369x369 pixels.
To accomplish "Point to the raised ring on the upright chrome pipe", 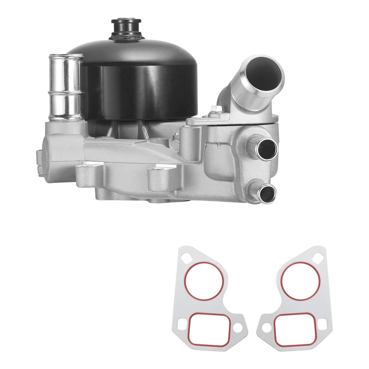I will pyautogui.click(x=64, y=93).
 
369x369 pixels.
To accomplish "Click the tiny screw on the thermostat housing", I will pyautogui.click(x=218, y=145).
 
